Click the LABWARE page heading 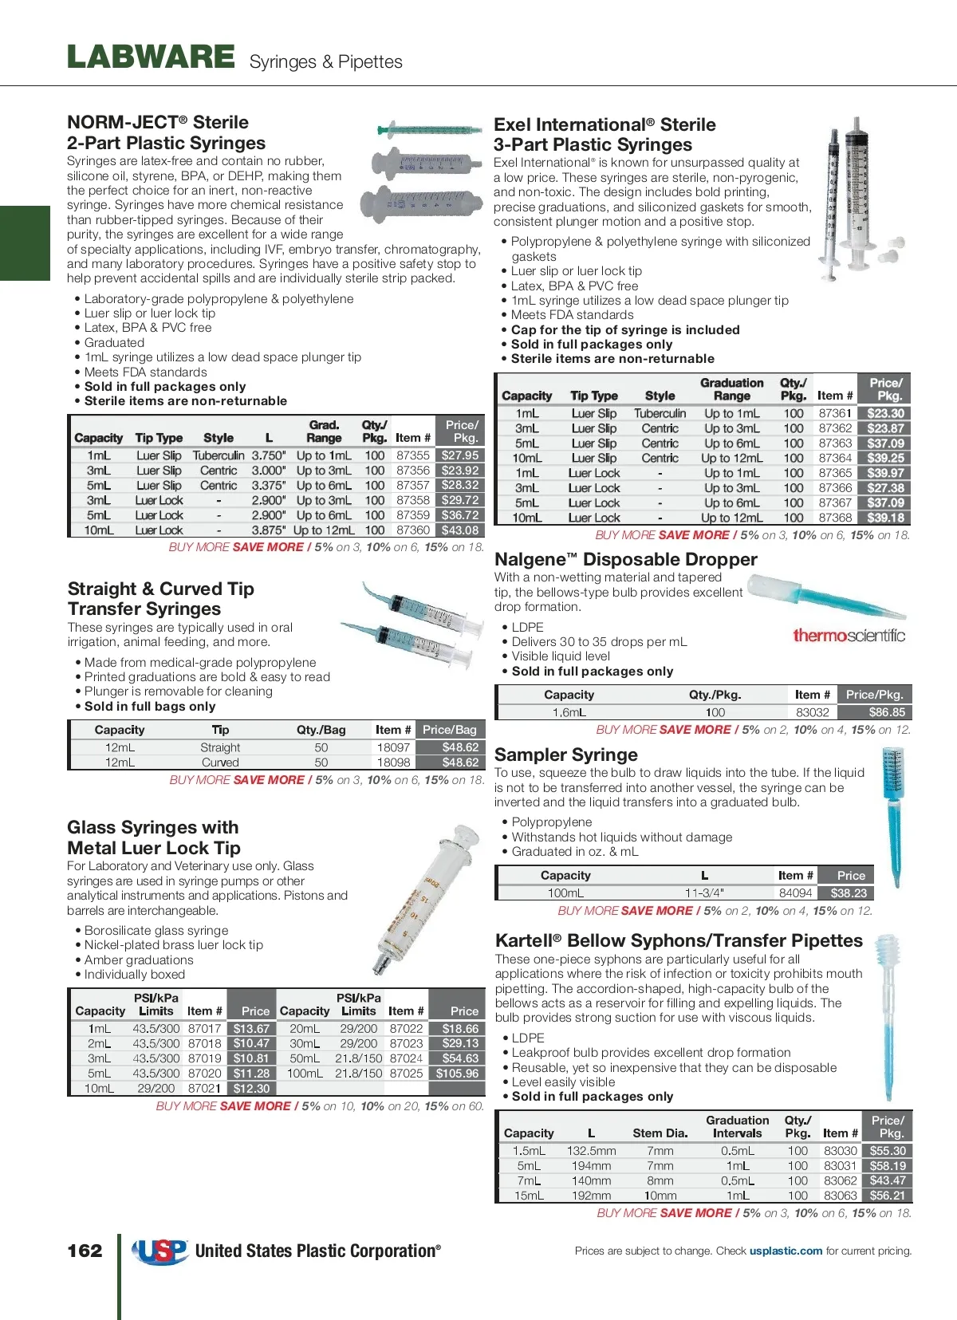point(151,57)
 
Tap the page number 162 point(85,1251)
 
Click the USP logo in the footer point(160,1251)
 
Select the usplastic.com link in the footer point(786,1251)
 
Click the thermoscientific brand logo point(849,636)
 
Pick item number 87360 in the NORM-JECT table point(413,530)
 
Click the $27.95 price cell point(460,455)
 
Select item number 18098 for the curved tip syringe point(393,762)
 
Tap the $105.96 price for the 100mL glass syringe point(457,1074)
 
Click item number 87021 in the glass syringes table point(204,1088)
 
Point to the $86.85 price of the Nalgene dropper point(887,712)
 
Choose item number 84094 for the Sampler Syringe point(796,893)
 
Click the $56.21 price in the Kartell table point(888,1196)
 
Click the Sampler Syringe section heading point(566,755)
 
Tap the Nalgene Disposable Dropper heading point(626,559)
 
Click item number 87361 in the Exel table point(835,413)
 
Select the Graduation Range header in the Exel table point(732,389)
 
